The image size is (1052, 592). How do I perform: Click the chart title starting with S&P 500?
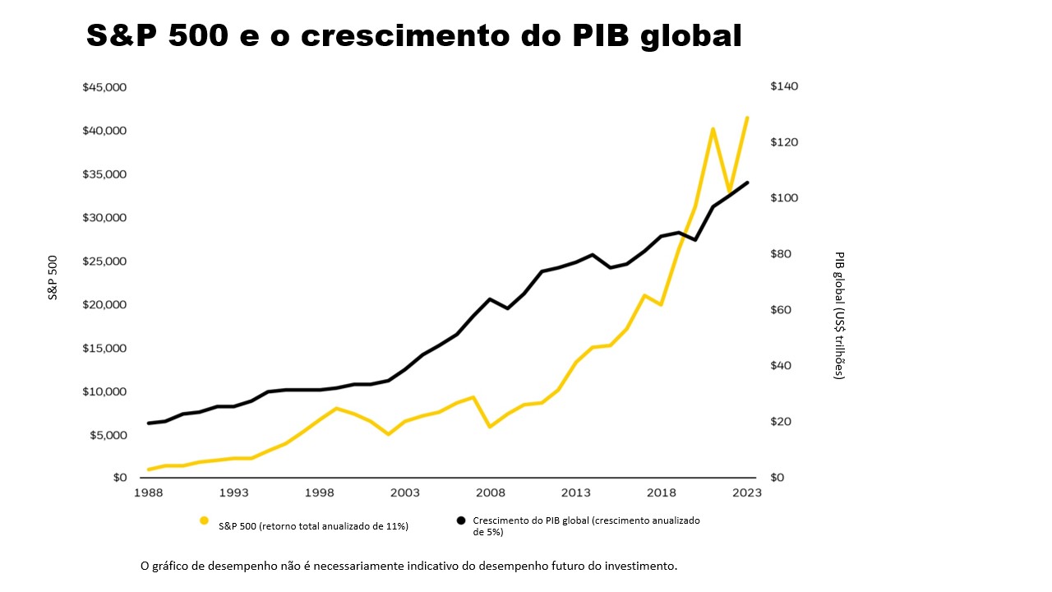413,35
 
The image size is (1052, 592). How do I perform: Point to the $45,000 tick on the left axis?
104,87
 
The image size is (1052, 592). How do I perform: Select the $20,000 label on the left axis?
104,304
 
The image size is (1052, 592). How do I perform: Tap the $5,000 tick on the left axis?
108,434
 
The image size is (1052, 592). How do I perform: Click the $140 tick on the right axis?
784,86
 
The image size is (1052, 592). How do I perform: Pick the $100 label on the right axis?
784,198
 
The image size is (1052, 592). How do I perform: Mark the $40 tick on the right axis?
782,366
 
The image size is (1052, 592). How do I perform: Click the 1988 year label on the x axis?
148,493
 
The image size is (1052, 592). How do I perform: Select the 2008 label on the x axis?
490,493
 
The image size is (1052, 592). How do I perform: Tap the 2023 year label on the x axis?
746,493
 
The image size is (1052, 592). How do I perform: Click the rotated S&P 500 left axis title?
53,277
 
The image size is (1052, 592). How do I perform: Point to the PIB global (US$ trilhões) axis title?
839,315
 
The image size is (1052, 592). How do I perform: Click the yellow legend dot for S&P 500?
204,520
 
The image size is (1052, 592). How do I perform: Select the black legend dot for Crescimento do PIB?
461,520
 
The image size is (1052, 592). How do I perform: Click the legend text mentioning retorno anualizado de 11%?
313,526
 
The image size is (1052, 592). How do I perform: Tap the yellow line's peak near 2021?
713,129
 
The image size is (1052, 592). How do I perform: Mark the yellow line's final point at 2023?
747,118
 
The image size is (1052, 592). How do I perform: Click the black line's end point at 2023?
747,183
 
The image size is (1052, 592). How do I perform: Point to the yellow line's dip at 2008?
490,427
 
